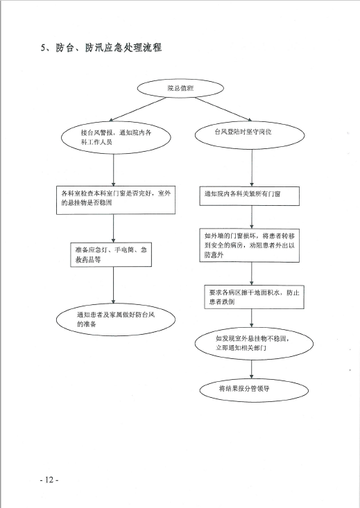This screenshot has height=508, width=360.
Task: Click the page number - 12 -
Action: tap(49, 480)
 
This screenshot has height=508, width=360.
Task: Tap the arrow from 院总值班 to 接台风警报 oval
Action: tap(138, 110)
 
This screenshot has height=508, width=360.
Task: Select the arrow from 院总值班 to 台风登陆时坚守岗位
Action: tap(223, 110)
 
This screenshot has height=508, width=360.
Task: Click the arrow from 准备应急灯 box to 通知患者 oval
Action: tap(114, 286)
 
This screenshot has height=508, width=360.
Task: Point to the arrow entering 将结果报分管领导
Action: tap(252, 369)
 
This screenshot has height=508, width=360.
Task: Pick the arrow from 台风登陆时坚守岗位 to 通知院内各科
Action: tap(252, 168)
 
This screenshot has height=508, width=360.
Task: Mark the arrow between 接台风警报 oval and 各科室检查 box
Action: tap(114, 170)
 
